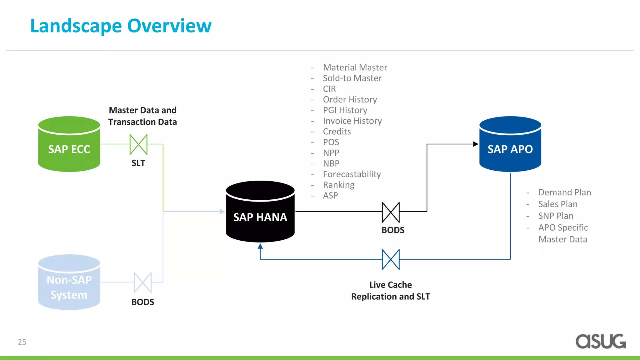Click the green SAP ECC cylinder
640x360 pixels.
click(x=69, y=145)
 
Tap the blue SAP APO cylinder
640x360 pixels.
click(x=510, y=145)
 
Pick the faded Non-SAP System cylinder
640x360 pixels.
click(x=69, y=283)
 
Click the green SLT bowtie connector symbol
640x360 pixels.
click(x=138, y=144)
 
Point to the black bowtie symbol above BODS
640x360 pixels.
click(x=391, y=212)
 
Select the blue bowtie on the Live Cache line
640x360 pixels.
click(x=391, y=259)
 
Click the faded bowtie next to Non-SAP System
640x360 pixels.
click(x=142, y=282)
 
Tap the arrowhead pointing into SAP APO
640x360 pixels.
click(x=476, y=144)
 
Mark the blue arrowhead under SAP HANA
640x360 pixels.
click(x=260, y=246)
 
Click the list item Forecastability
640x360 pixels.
click(x=352, y=174)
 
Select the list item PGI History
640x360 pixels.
click(x=345, y=110)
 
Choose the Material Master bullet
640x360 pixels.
click(x=355, y=67)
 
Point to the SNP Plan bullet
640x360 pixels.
click(x=556, y=216)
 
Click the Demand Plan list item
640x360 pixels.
click(x=564, y=192)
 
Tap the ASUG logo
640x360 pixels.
click(x=600, y=341)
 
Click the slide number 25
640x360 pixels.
click(x=22, y=342)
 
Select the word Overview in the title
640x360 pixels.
click(x=169, y=26)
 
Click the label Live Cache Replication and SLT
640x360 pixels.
click(x=391, y=291)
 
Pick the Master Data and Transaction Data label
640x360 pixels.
click(x=142, y=116)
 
